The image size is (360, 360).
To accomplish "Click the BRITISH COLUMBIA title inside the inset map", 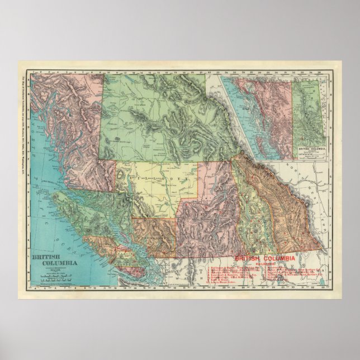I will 311,149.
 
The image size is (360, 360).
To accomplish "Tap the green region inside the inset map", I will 309,112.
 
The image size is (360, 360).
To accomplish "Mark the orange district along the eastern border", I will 285,212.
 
